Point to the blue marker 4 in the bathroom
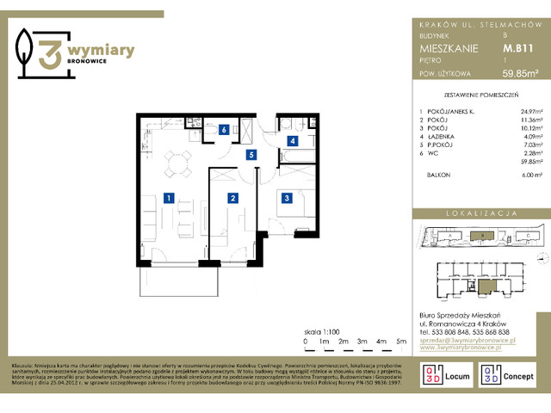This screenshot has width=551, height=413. click(x=293, y=140)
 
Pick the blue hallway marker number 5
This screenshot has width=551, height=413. click(x=251, y=155)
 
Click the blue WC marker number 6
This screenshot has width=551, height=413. click(x=224, y=131)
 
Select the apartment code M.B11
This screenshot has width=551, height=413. click(x=515, y=50)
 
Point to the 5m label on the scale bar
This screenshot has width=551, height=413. click(x=401, y=342)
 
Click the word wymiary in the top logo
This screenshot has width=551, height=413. click(x=99, y=52)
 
